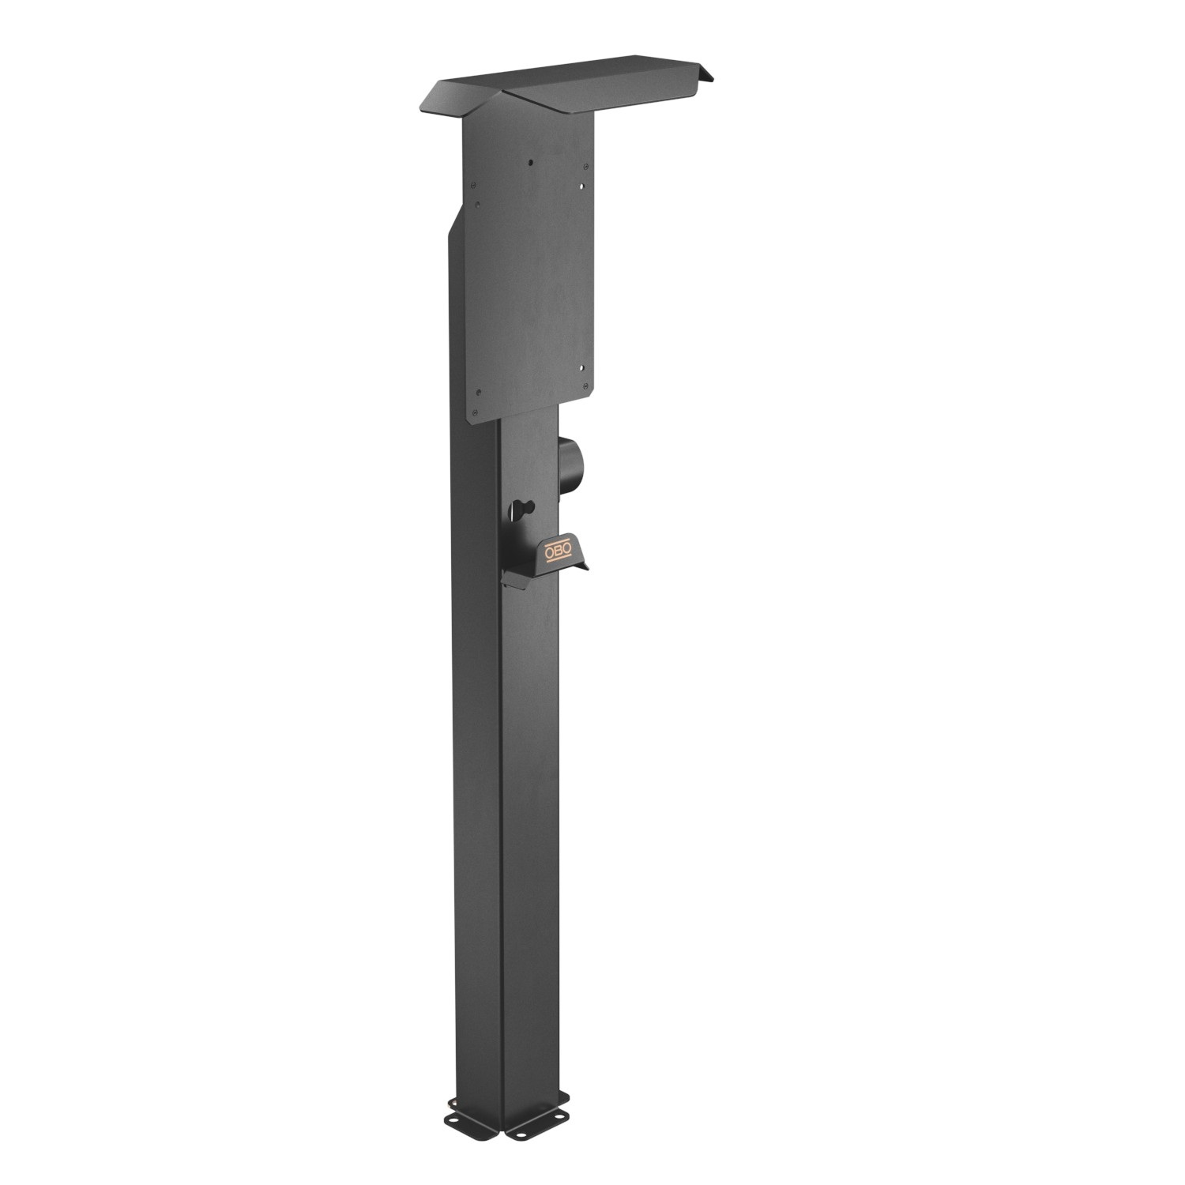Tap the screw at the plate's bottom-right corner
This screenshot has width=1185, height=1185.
click(585, 387)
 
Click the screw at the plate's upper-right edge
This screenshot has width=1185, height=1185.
click(585, 167)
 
